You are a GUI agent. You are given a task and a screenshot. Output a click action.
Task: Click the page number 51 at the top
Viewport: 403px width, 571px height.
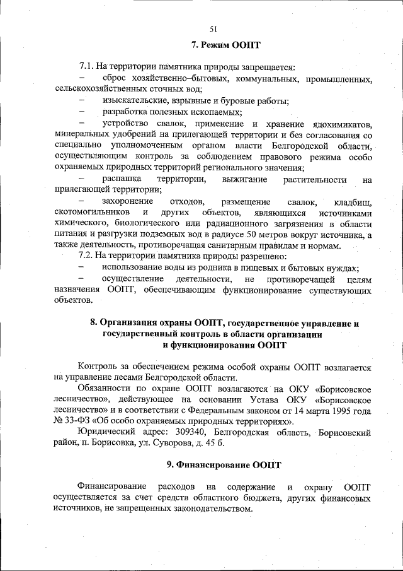[x=213, y=28]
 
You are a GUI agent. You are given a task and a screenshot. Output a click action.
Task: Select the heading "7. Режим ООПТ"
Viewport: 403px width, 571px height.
[x=225, y=45]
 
